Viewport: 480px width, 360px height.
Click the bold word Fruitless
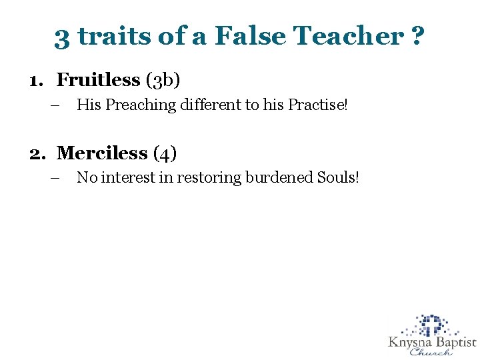[98, 80]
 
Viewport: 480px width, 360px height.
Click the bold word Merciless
[102, 153]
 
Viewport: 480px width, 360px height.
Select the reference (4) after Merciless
[165, 154]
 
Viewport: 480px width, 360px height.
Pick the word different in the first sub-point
[203, 105]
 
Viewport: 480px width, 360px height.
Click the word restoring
[213, 178]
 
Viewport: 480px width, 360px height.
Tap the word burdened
[283, 178]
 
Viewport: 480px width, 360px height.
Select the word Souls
[342, 178]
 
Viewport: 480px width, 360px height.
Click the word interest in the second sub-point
[133, 178]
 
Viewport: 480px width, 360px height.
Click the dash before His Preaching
[54, 105]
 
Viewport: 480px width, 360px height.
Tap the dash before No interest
[54, 178]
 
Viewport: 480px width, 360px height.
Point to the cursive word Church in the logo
[431, 353]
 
